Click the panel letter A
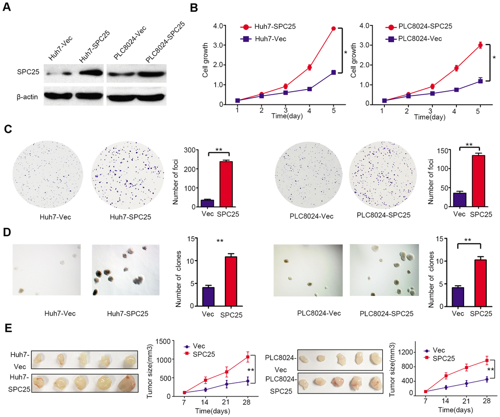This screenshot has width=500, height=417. [8, 8]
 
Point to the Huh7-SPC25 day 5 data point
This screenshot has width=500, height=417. [333, 28]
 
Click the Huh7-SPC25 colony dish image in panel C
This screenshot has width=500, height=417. [127, 176]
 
